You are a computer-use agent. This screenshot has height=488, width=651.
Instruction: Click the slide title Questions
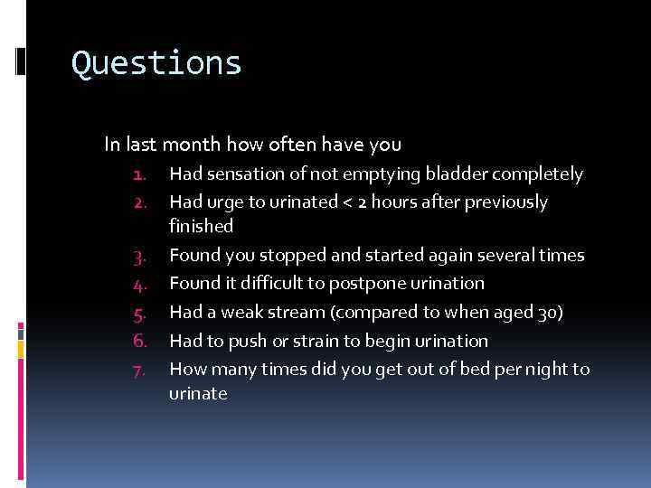156,63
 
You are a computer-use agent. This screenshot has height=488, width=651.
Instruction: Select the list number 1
139,174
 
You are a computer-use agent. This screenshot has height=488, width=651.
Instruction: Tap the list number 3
139,256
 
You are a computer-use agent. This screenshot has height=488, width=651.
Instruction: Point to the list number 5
139,313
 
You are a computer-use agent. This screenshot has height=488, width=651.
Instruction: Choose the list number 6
139,341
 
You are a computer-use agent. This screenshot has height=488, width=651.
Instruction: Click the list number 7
139,370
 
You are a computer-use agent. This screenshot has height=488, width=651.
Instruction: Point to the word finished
201,226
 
